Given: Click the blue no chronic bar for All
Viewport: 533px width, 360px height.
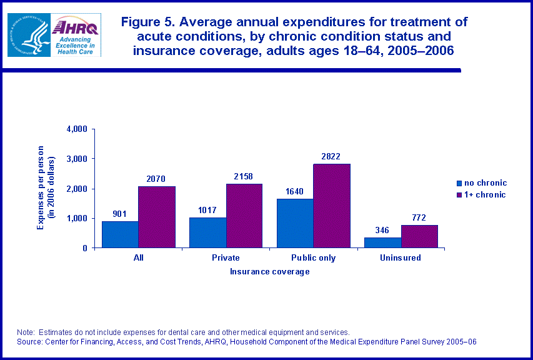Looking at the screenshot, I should [x=120, y=234].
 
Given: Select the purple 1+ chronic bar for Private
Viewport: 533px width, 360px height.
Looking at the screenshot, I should [x=244, y=216].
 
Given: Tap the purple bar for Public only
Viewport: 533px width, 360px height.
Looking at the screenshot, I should [x=332, y=206].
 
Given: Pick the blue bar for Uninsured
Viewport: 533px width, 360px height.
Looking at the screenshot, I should [x=382, y=242].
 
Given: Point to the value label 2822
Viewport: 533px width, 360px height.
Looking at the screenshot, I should [x=331, y=156].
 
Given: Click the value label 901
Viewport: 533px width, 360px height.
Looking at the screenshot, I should [x=119, y=214].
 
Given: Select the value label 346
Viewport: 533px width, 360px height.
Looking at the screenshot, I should [x=382, y=231].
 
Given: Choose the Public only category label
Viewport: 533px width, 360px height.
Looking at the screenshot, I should [x=314, y=257].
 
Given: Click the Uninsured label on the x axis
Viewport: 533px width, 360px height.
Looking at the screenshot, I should [x=401, y=257].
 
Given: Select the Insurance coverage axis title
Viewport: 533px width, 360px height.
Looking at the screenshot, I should [x=269, y=272].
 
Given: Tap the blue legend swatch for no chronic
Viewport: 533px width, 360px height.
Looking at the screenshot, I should [x=459, y=184].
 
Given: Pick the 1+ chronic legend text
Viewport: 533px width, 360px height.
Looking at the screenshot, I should [x=485, y=195].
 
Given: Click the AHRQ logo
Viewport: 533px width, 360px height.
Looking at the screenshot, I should [x=75, y=34].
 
